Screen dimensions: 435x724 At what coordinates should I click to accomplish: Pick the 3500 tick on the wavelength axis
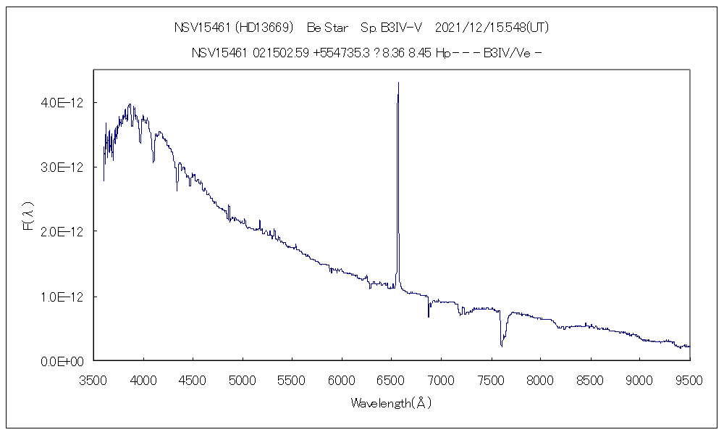pyautogui.click(x=93, y=378)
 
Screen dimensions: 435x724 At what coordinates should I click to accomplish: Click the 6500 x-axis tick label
pyautogui.click(x=391, y=378)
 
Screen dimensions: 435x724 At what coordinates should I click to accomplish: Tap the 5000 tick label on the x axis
pyautogui.click(x=242, y=378)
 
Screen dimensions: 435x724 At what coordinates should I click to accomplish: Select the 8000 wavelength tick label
pyautogui.click(x=540, y=378)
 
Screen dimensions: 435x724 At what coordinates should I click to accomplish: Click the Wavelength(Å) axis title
pyautogui.click(x=391, y=403)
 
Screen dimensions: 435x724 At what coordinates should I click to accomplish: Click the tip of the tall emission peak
pyautogui.click(x=398, y=83)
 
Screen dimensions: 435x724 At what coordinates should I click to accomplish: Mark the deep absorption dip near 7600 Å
pyautogui.click(x=502, y=344)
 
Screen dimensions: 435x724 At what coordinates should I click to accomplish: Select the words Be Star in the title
pyautogui.click(x=327, y=28)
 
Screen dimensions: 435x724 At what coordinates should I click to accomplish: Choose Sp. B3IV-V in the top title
pyautogui.click(x=391, y=28)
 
